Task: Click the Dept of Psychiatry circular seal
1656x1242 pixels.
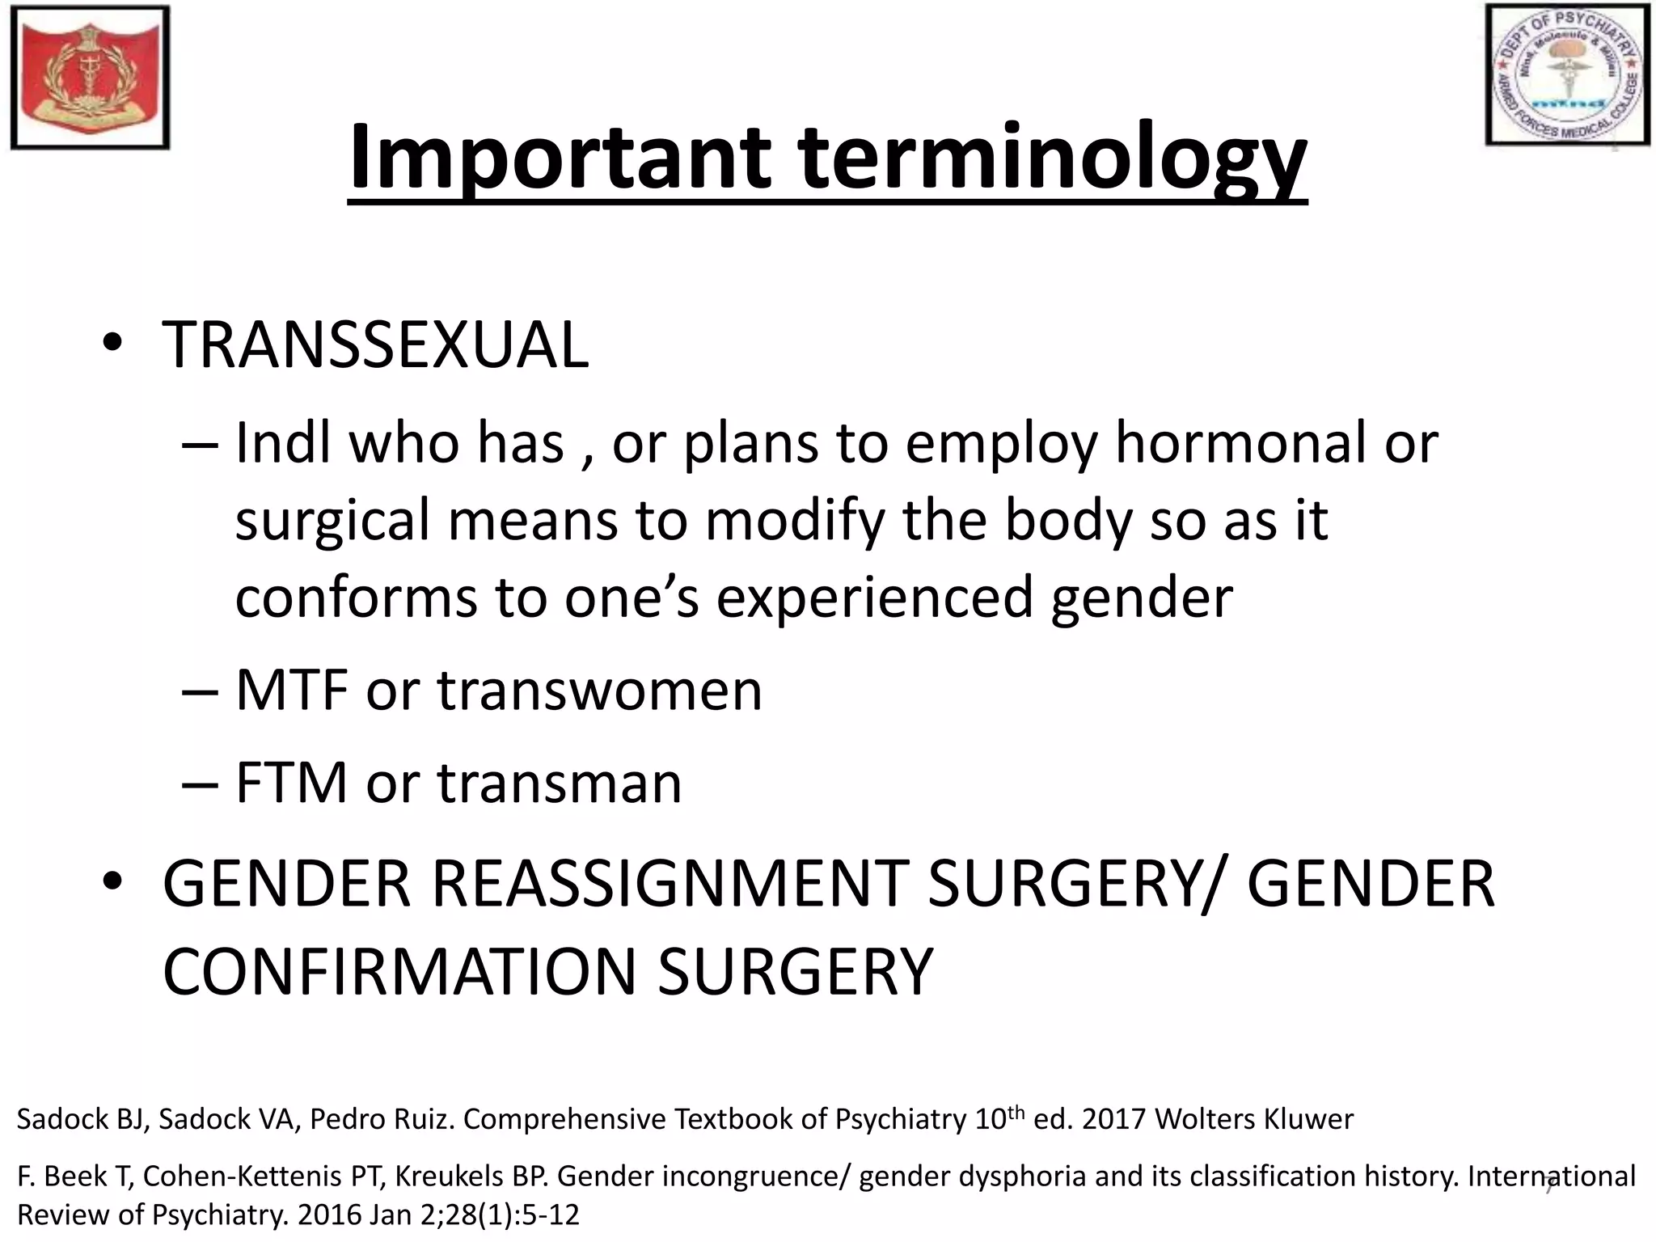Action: point(1567,75)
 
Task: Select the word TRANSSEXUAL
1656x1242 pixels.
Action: point(375,346)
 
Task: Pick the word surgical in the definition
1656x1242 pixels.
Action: point(332,521)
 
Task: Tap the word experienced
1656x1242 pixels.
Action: point(876,597)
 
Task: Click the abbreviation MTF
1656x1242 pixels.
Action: point(292,691)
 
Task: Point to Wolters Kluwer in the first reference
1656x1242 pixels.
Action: point(1254,1119)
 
